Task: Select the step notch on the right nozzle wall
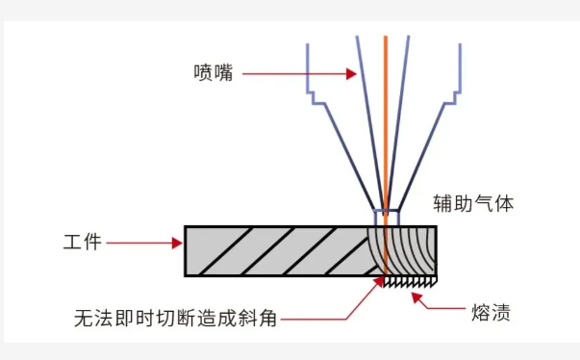(x=450, y=93)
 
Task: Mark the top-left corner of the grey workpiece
(x=185, y=227)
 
